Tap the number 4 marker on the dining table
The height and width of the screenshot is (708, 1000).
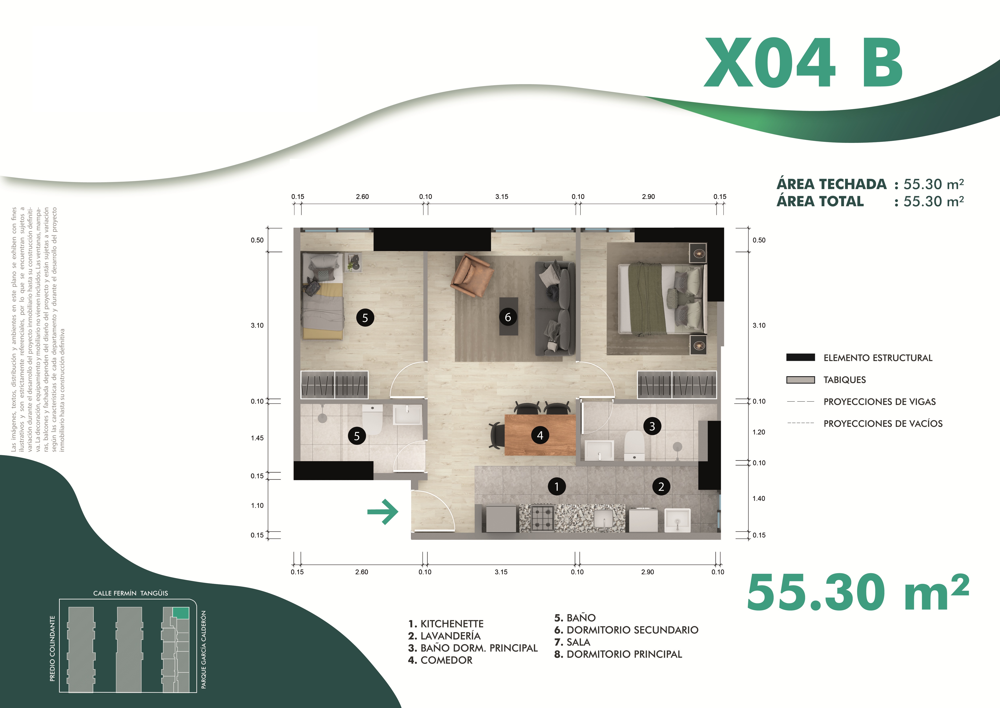pyautogui.click(x=540, y=435)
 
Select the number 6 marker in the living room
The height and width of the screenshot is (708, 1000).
pyautogui.click(x=508, y=317)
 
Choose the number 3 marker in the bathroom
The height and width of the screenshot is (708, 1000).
pyautogui.click(x=652, y=426)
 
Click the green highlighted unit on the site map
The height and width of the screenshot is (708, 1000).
pyautogui.click(x=181, y=613)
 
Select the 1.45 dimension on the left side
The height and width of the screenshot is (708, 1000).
pyautogui.click(x=257, y=438)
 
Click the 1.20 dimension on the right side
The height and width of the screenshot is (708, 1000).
pyautogui.click(x=759, y=432)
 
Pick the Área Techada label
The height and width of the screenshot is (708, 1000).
pyautogui.click(x=831, y=184)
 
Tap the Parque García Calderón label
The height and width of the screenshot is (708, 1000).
pyautogui.click(x=203, y=650)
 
